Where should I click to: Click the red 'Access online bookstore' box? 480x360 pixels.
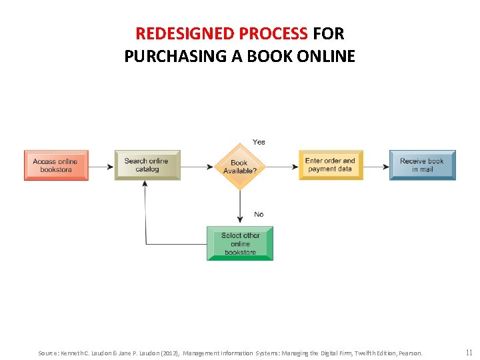pos(56,165)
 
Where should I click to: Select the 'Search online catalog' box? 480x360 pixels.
pos(147,165)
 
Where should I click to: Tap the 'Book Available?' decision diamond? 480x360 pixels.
pos(240,166)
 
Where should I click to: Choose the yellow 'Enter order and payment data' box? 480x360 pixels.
pos(331,165)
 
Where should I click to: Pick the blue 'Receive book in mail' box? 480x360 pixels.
pos(422,165)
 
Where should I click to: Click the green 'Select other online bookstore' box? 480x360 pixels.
pos(240,243)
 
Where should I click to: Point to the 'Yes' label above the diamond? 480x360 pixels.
pos(259,142)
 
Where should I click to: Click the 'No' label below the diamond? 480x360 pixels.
pos(259,214)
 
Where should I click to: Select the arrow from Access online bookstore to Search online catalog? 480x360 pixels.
pos(101,166)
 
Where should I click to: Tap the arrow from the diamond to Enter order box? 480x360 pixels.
pos(282,166)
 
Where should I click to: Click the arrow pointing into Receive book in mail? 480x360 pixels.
pos(376,166)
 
